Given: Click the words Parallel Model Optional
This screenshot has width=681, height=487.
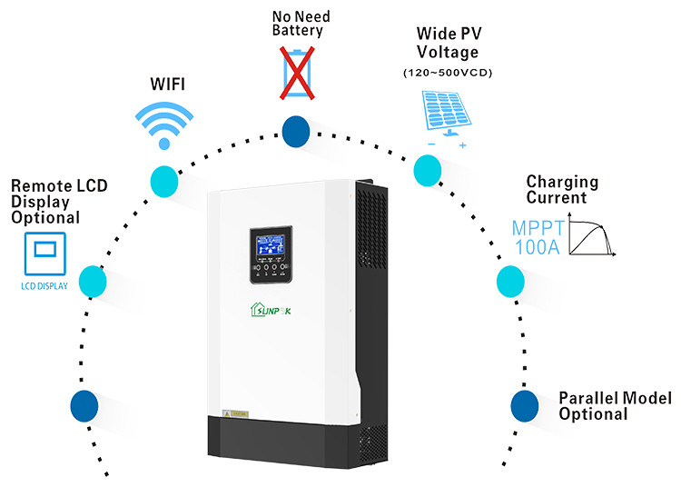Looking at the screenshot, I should click(x=615, y=406).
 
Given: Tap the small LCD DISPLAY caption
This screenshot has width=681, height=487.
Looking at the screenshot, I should click(x=44, y=285).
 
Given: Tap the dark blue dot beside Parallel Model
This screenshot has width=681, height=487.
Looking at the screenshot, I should click(x=525, y=405).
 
